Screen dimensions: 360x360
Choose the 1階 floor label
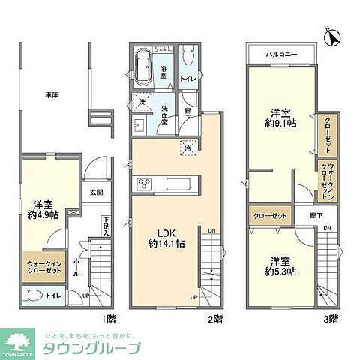pos(110,318)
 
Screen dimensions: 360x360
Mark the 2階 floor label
pos(215,318)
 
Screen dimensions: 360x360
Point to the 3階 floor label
pos(331,318)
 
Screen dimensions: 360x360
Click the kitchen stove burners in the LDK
pos(144,184)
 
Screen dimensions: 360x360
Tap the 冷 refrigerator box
pos(187,148)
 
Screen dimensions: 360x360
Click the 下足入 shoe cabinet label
pos(106,224)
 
